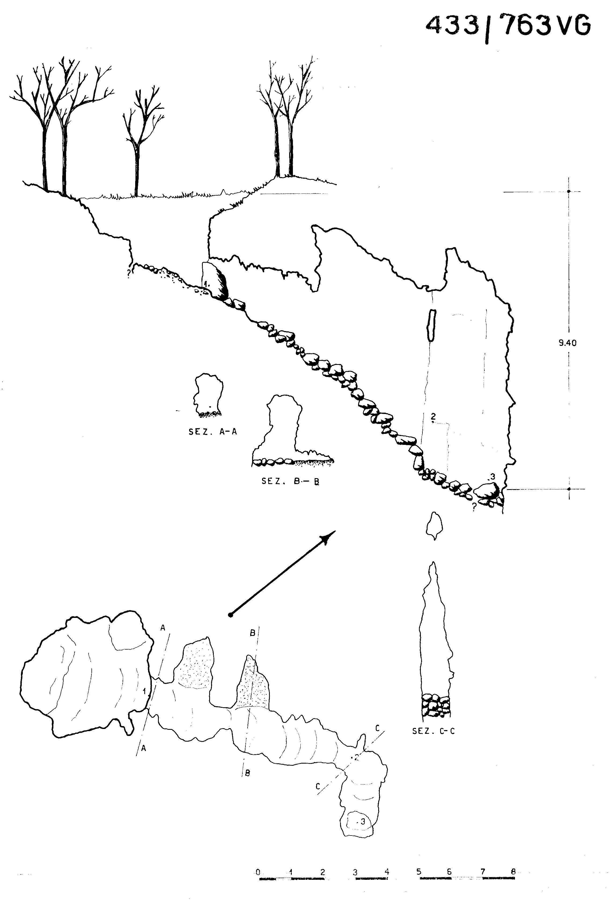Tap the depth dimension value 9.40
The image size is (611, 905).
pyautogui.click(x=567, y=343)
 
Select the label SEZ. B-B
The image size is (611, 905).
pyautogui.click(x=290, y=481)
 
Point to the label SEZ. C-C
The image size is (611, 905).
pyautogui.click(x=433, y=731)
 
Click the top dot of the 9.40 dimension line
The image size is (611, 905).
pyautogui.click(x=569, y=192)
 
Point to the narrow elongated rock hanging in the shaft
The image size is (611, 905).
pyautogui.click(x=431, y=325)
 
